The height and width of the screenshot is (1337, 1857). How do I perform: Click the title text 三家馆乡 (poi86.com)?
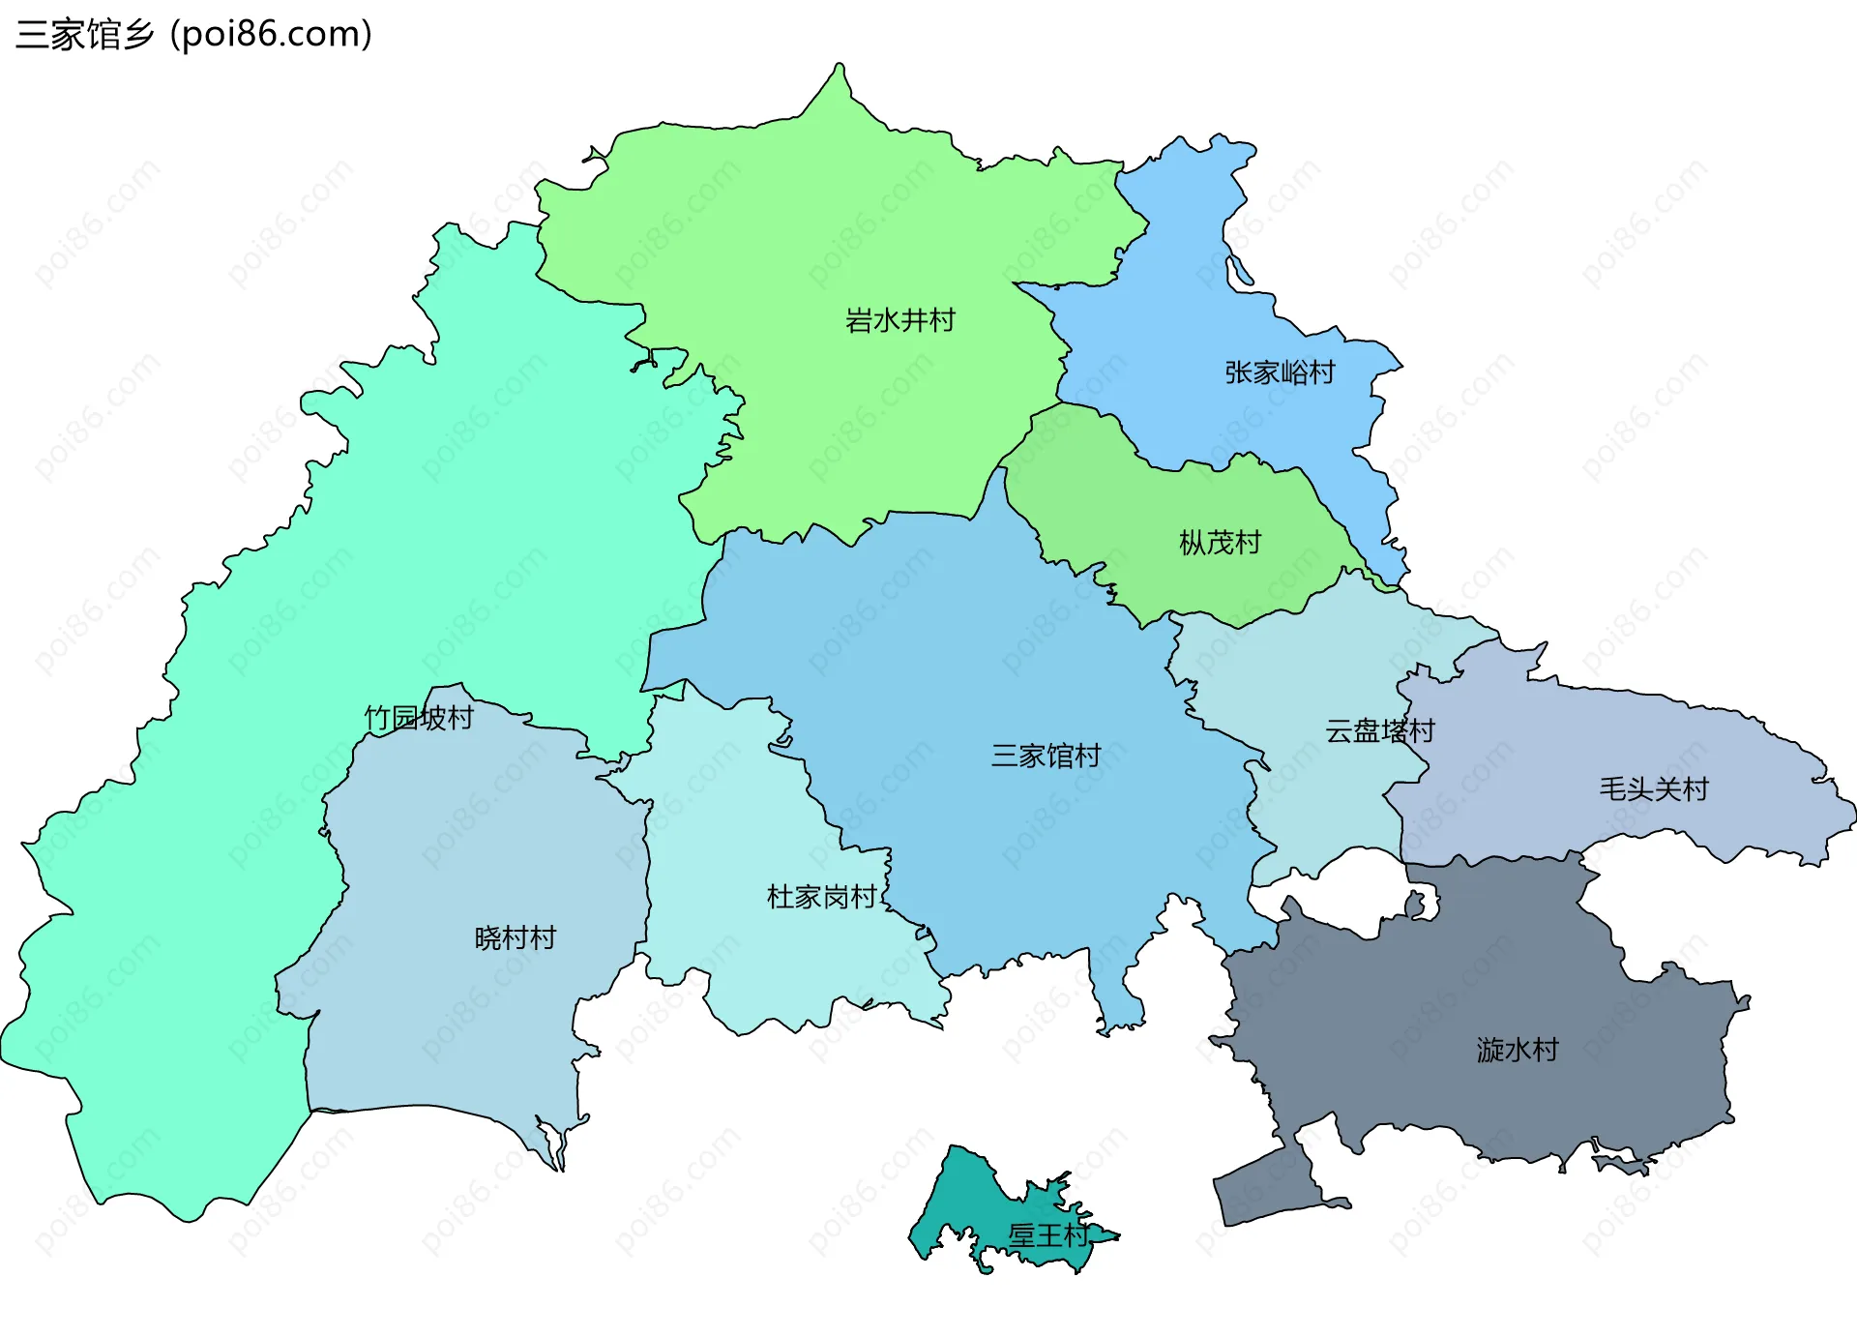pos(193,35)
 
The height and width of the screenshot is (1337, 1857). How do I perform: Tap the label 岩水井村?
pos(899,320)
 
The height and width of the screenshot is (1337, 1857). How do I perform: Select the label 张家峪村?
pos(1280,372)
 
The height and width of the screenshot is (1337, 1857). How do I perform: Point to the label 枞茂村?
pos(1220,543)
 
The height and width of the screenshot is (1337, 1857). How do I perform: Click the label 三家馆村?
pos(1046,756)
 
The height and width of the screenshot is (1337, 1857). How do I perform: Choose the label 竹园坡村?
pos(419,718)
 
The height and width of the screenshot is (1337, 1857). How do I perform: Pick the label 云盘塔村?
pos(1379,730)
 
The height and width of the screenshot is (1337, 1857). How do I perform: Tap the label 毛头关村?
pos(1653,789)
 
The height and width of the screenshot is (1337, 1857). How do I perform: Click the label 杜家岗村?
pos(821,897)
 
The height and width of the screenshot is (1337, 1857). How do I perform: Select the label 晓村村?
pos(515,938)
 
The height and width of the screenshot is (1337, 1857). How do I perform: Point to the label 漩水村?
pos(1517,1050)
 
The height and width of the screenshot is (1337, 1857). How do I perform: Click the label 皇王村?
pos(1047,1235)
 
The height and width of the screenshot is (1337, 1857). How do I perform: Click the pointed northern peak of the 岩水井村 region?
pos(840,70)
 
